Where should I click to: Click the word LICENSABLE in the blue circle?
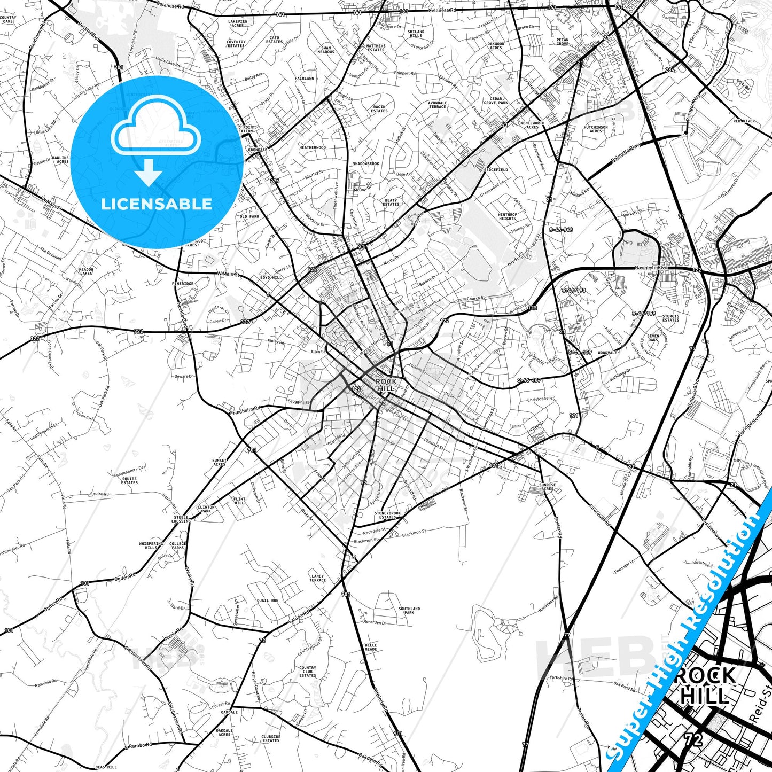point(156,204)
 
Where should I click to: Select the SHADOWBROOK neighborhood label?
point(366,163)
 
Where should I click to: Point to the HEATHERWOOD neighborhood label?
point(313,147)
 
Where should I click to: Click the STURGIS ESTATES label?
point(670,318)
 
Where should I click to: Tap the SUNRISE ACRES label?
point(547,487)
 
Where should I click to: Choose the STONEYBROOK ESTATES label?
point(387,515)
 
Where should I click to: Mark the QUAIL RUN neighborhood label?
point(267,601)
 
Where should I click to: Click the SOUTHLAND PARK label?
point(409,610)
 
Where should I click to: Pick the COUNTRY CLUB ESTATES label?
point(308,672)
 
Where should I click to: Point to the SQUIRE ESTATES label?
point(129,481)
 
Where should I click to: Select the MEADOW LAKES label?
point(86,271)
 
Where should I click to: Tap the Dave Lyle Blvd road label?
point(651,268)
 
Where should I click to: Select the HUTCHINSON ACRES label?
point(596,129)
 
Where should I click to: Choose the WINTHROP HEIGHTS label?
point(507,216)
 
